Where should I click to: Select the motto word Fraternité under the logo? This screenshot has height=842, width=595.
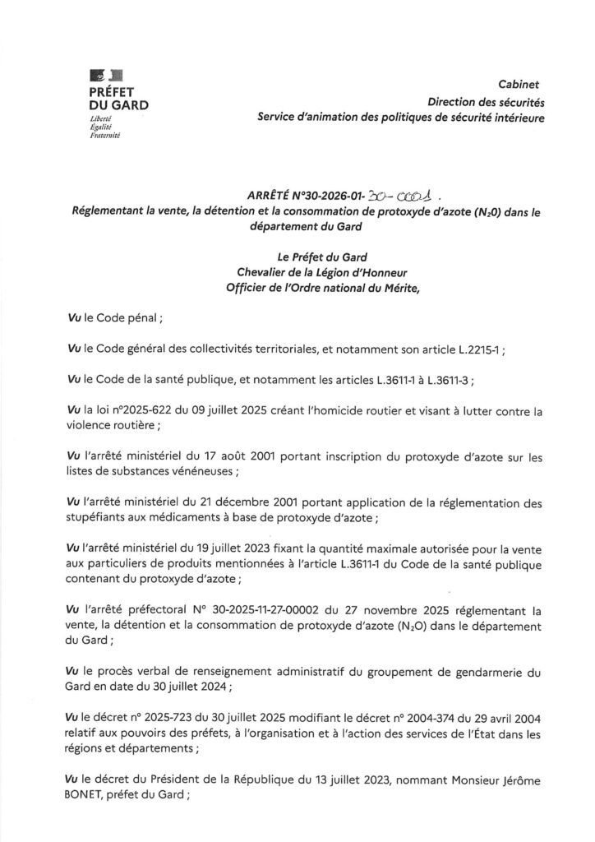(104, 136)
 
